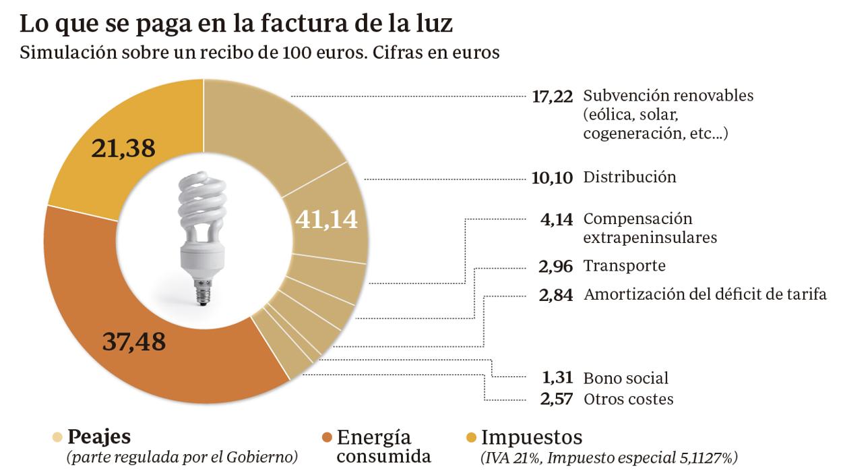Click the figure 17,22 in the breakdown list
(x=552, y=96)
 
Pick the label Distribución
(x=629, y=177)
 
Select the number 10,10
(x=552, y=178)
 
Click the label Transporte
(x=624, y=266)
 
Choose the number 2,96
(x=556, y=266)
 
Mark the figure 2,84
(x=556, y=295)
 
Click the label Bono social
(x=626, y=378)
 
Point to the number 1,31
(x=557, y=378)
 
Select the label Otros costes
(x=628, y=399)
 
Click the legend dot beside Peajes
(x=58, y=436)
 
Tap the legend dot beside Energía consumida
(x=327, y=437)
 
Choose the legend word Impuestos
(x=532, y=436)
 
